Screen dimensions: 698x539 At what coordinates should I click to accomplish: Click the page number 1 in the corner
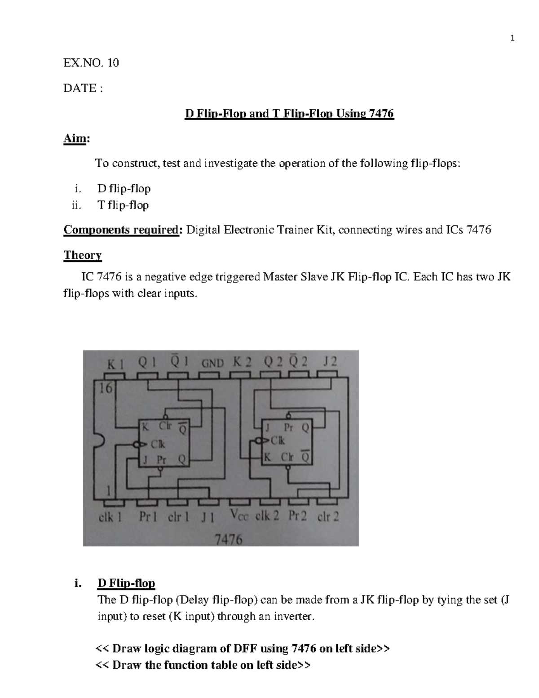pos(512,39)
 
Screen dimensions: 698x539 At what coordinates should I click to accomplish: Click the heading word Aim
pos(75,139)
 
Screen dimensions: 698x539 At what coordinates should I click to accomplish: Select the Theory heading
pos(83,255)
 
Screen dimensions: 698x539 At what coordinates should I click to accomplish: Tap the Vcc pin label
pos(239,516)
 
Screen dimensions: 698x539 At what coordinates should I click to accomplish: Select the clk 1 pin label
pos(110,517)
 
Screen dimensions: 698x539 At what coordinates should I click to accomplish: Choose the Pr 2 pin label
pos(298,516)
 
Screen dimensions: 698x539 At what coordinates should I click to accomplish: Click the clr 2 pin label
pos(328,517)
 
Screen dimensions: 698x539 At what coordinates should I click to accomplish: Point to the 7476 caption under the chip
pos(229,539)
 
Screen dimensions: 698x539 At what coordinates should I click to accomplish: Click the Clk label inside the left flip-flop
pos(157,444)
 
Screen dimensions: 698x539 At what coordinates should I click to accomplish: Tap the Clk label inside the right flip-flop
pos(277,441)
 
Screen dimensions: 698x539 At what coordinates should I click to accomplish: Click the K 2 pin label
pos(243,362)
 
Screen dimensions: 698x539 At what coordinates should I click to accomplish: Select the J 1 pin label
pos(208,517)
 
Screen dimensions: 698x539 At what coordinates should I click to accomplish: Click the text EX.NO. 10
pos(91,63)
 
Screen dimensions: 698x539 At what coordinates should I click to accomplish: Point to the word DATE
pos(80,88)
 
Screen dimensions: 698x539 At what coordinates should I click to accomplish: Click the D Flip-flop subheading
pos(126,583)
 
